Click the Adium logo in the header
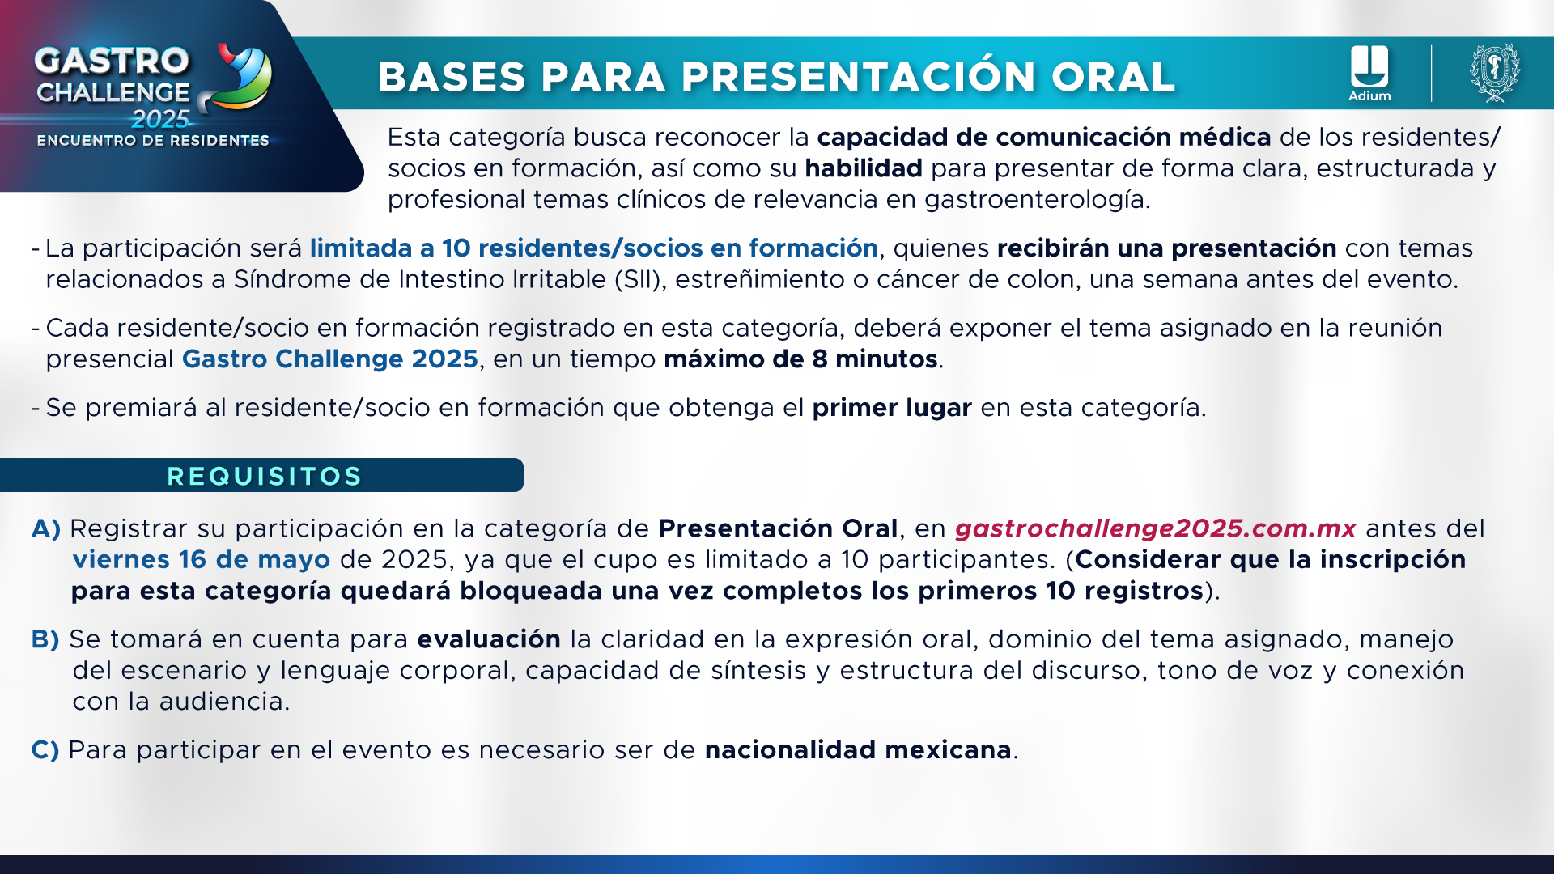point(1369,74)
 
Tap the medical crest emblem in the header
point(1494,73)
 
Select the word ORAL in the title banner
point(1113,77)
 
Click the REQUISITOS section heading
point(265,476)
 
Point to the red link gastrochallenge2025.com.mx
point(1155,528)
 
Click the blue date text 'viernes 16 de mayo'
point(202,559)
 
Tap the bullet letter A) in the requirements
point(46,528)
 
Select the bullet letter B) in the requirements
point(45,639)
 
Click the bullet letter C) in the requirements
point(45,750)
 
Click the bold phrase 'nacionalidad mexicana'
point(858,750)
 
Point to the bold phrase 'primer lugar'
point(892,408)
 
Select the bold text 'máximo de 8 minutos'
point(800,359)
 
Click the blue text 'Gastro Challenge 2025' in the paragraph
point(330,359)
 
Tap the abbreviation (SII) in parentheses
point(640,279)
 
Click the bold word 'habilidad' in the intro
point(864,168)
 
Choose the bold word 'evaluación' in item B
point(489,639)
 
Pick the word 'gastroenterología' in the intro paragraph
point(1037,200)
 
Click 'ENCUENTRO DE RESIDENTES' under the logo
point(153,141)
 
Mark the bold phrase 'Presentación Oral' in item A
point(778,528)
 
